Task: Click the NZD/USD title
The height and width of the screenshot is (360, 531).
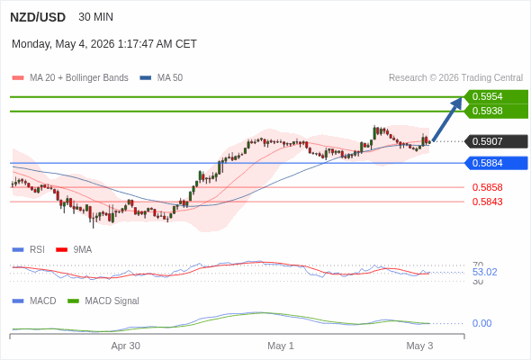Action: click(x=38, y=17)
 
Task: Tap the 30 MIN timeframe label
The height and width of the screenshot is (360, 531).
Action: click(x=95, y=16)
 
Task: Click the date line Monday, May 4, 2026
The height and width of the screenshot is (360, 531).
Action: click(x=104, y=44)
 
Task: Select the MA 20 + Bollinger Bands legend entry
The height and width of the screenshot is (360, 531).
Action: click(x=70, y=77)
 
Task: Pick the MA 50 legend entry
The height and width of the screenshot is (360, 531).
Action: click(x=161, y=77)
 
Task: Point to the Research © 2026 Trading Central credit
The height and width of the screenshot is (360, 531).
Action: click(x=455, y=77)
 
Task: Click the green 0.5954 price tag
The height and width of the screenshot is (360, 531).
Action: click(x=496, y=96)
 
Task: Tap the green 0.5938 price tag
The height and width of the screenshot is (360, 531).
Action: click(x=496, y=111)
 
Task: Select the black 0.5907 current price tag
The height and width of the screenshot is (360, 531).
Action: click(x=496, y=141)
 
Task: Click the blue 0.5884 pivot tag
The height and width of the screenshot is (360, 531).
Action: click(x=496, y=163)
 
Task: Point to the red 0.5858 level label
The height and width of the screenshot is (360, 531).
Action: click(x=487, y=187)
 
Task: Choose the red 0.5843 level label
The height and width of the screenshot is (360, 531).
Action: click(x=487, y=202)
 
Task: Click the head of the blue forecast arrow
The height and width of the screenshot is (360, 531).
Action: click(x=461, y=98)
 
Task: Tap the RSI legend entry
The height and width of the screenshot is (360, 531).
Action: click(x=28, y=249)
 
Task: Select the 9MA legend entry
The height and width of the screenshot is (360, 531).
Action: click(x=74, y=249)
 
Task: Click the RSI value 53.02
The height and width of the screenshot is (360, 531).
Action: click(x=484, y=272)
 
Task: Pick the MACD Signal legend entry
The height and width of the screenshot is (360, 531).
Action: click(x=103, y=301)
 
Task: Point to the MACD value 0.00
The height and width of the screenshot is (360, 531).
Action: click(x=481, y=323)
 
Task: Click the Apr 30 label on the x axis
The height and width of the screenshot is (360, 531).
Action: click(x=126, y=346)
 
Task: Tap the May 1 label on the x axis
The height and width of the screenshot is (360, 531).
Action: click(x=281, y=346)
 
